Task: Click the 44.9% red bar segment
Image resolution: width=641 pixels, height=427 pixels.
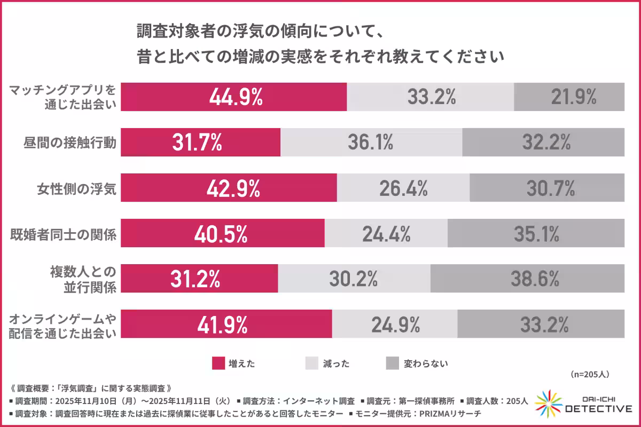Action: (x=233, y=97)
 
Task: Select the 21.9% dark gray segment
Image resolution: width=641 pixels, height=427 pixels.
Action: (x=569, y=97)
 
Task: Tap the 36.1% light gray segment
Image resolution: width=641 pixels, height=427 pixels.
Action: (x=371, y=142)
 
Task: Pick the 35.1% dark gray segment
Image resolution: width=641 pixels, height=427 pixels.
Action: (x=536, y=233)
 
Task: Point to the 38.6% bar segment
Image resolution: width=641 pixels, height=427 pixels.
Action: (x=527, y=278)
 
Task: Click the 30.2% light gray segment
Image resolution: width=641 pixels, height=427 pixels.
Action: (x=354, y=278)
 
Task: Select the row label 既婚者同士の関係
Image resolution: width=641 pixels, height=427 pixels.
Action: (x=64, y=234)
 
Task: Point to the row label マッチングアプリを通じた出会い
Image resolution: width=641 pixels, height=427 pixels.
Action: (x=63, y=97)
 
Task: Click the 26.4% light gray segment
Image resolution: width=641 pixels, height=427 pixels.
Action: (x=403, y=188)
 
